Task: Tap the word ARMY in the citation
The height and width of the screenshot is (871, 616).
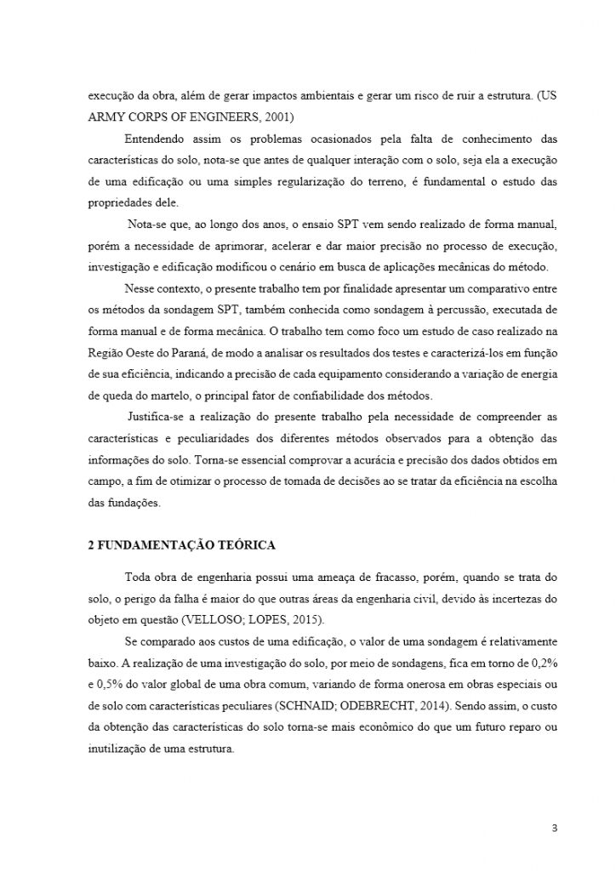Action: point(106,117)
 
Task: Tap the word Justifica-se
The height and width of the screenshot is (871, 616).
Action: point(158,417)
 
